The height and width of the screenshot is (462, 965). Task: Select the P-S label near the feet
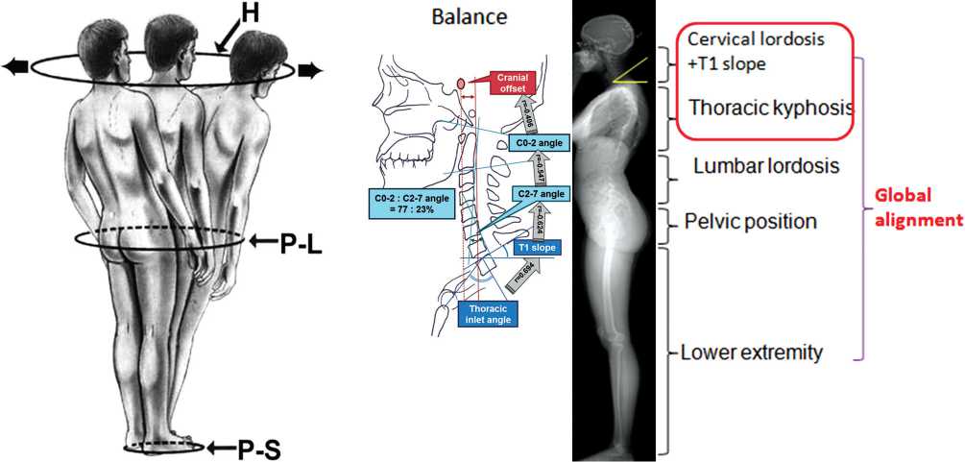click(x=258, y=448)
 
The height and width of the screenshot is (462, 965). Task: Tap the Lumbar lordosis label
click(x=766, y=166)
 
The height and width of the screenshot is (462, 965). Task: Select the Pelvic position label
click(x=751, y=221)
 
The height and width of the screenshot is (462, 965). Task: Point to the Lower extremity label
click(x=751, y=353)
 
